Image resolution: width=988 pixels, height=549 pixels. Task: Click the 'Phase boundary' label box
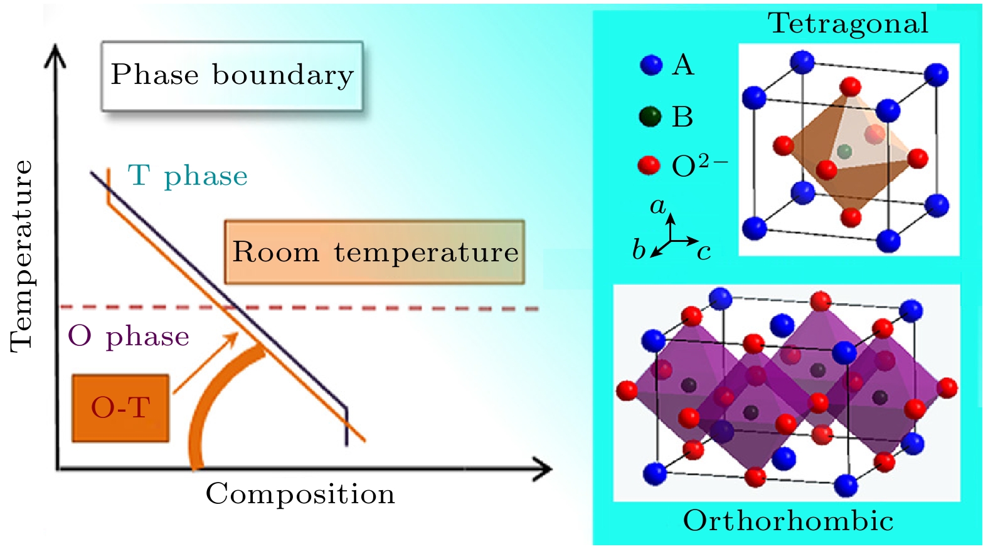(x=232, y=76)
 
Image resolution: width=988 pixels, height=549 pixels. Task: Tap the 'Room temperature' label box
(x=374, y=252)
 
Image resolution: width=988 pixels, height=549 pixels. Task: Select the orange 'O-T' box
(x=120, y=408)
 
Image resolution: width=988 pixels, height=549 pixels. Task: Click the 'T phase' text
(x=188, y=176)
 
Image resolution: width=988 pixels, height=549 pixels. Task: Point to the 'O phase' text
(x=129, y=337)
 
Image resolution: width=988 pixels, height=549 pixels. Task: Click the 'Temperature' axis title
(x=21, y=256)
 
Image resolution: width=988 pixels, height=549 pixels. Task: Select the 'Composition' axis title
(x=300, y=494)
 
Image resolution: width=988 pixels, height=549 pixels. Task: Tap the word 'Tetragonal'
(x=848, y=24)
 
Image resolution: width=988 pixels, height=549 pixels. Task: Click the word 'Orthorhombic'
(x=788, y=521)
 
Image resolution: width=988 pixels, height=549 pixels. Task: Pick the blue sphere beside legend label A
(x=651, y=65)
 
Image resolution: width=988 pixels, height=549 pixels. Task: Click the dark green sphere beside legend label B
(x=651, y=117)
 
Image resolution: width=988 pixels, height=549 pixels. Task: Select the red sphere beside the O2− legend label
(x=649, y=165)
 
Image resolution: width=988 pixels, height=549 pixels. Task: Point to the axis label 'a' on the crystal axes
(x=657, y=206)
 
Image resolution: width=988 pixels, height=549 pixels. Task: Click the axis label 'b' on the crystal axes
(x=639, y=249)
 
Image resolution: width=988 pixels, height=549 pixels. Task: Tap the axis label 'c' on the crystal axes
(x=704, y=252)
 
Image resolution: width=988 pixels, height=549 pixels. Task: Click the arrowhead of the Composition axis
(x=543, y=469)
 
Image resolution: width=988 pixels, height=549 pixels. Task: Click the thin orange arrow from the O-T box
(x=205, y=363)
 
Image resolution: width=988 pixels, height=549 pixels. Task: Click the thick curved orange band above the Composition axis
(x=213, y=401)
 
